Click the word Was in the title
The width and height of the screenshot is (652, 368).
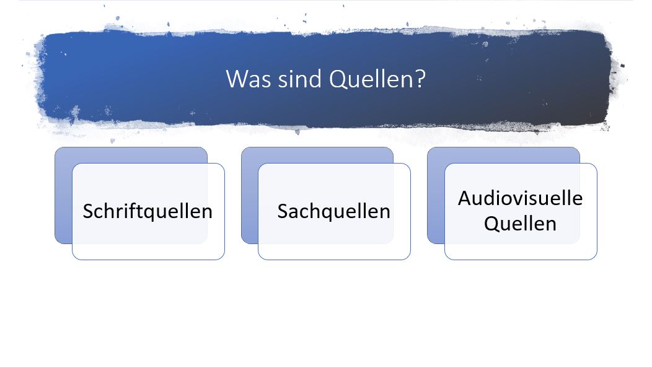(244, 79)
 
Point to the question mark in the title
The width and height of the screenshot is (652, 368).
(420, 79)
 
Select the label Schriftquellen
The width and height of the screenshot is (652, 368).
(148, 211)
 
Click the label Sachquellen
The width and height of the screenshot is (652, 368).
(333, 211)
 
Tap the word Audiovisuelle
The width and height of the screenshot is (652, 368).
(520, 198)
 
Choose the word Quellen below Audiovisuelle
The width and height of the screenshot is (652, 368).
(520, 223)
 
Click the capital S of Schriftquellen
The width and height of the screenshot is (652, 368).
(89, 211)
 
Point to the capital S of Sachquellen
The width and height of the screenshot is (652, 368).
(283, 211)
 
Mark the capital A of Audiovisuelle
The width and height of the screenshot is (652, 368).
(464, 198)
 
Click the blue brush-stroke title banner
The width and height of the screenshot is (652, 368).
(124, 81)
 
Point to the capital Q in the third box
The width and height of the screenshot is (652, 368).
(491, 223)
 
